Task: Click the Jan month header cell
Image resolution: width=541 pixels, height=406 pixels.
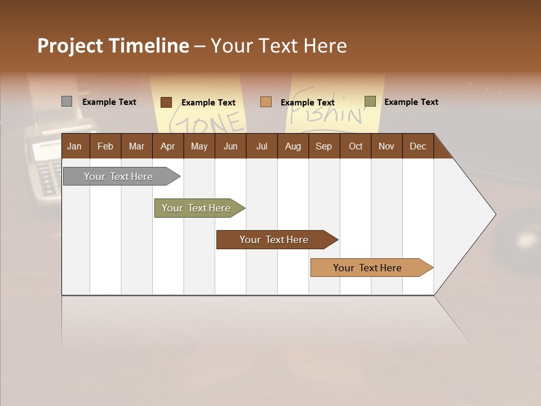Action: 75,146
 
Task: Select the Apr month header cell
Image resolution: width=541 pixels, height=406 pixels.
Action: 167,146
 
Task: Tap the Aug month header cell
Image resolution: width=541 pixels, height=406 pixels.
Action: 292,146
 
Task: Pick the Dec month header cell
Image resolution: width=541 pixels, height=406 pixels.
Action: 418,146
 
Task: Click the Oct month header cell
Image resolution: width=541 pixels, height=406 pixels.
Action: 355,146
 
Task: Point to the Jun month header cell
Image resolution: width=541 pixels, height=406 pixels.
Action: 230,146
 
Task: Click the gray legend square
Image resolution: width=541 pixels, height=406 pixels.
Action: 66,101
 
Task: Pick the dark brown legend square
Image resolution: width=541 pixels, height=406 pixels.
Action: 166,102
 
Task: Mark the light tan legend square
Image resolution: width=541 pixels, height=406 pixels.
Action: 266,102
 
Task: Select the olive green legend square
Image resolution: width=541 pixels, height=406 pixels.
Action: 370,101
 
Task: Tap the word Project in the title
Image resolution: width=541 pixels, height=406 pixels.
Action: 70,46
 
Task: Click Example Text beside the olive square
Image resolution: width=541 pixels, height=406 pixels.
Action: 411,102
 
